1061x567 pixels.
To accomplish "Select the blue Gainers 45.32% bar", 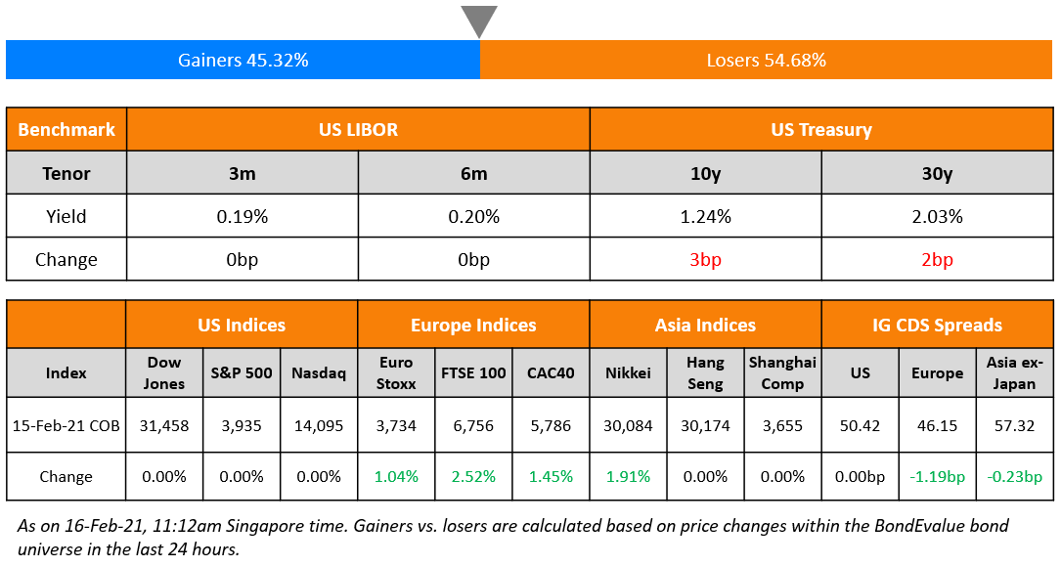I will click(x=243, y=60).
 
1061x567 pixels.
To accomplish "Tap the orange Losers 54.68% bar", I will click(x=766, y=60).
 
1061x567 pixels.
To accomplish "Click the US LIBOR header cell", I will click(x=358, y=129).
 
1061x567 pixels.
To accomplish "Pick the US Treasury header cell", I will click(x=820, y=129).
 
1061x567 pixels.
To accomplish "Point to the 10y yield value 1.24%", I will click(x=705, y=216).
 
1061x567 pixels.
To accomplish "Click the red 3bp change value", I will click(x=705, y=260).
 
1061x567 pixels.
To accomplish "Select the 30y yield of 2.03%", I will click(x=936, y=216).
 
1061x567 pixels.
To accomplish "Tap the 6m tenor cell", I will click(x=473, y=173).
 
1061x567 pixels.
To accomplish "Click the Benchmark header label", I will click(x=66, y=129).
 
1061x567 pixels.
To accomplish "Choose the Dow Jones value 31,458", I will click(x=164, y=425).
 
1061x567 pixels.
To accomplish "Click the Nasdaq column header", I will click(x=319, y=372).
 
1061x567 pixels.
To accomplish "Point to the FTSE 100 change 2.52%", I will click(x=473, y=477).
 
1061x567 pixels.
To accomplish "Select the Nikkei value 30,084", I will click(x=628, y=425).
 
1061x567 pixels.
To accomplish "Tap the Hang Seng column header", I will click(x=705, y=372).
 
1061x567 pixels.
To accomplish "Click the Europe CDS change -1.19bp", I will click(x=936, y=477).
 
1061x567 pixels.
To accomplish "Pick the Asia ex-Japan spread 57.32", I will click(x=1013, y=425).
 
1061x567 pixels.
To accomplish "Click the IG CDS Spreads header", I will click(x=936, y=326).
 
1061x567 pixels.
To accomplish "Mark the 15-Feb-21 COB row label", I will click(x=66, y=425).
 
